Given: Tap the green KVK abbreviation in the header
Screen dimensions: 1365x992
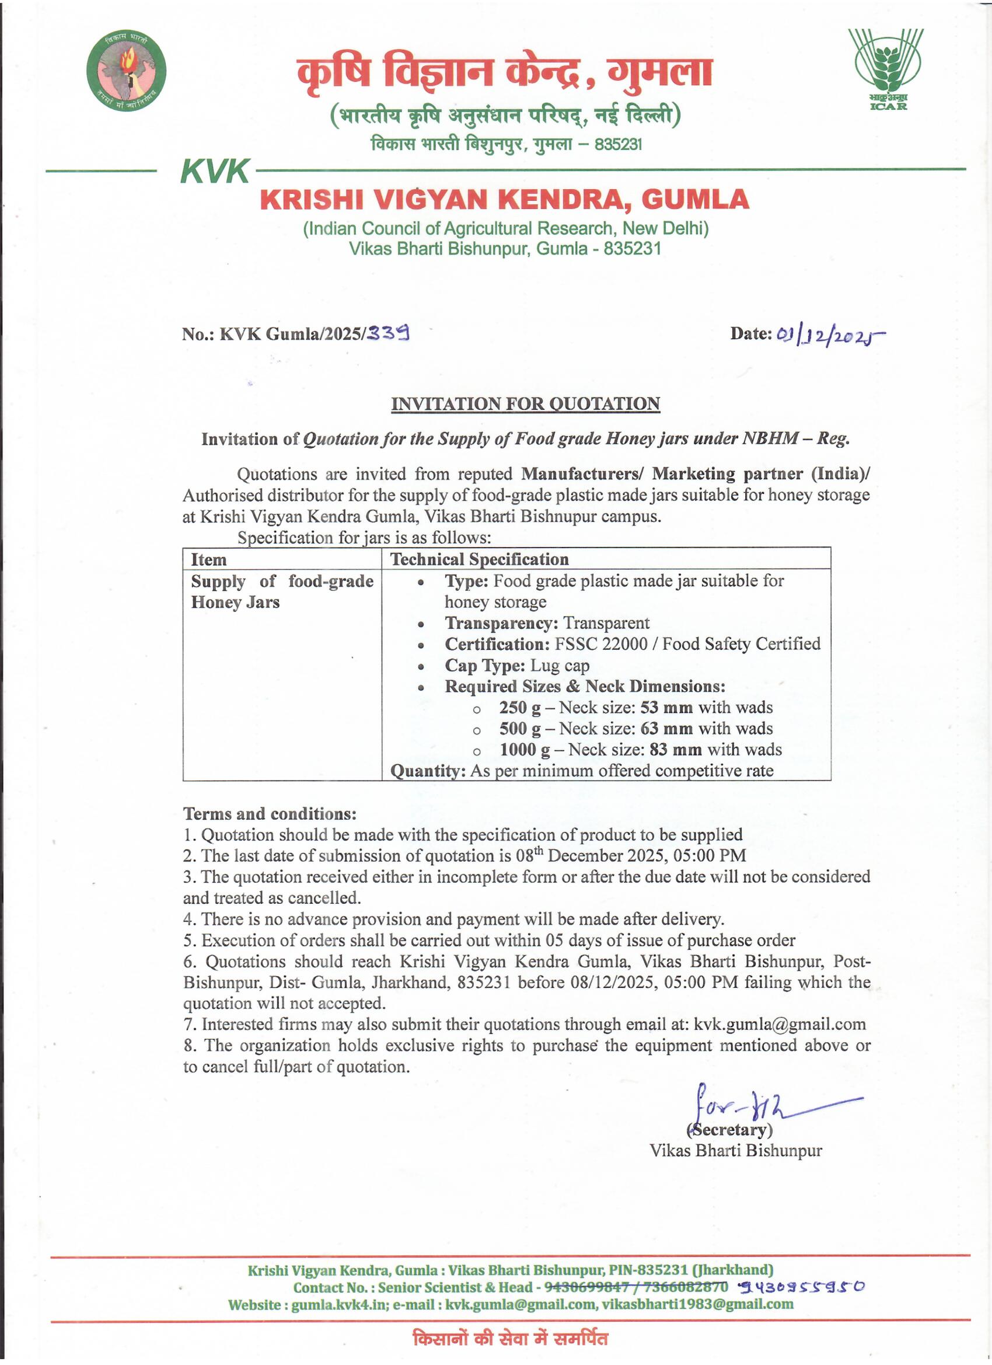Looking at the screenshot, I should (215, 172).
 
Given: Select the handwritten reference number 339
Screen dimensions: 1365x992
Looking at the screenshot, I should (389, 333).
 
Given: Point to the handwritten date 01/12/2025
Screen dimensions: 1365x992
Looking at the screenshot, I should (830, 336).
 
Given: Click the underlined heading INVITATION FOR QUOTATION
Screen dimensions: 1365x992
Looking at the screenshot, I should (525, 404).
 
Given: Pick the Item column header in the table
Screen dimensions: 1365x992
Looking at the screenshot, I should (209, 560).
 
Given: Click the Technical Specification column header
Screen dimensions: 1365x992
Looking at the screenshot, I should (479, 559).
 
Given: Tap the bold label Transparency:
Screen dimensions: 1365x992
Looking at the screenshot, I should (501, 623).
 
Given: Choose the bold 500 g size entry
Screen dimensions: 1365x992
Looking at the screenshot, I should (520, 729).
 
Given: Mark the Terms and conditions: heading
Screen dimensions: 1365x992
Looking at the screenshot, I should (270, 814).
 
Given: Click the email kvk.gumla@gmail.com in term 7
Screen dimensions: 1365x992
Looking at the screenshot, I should (780, 1025).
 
